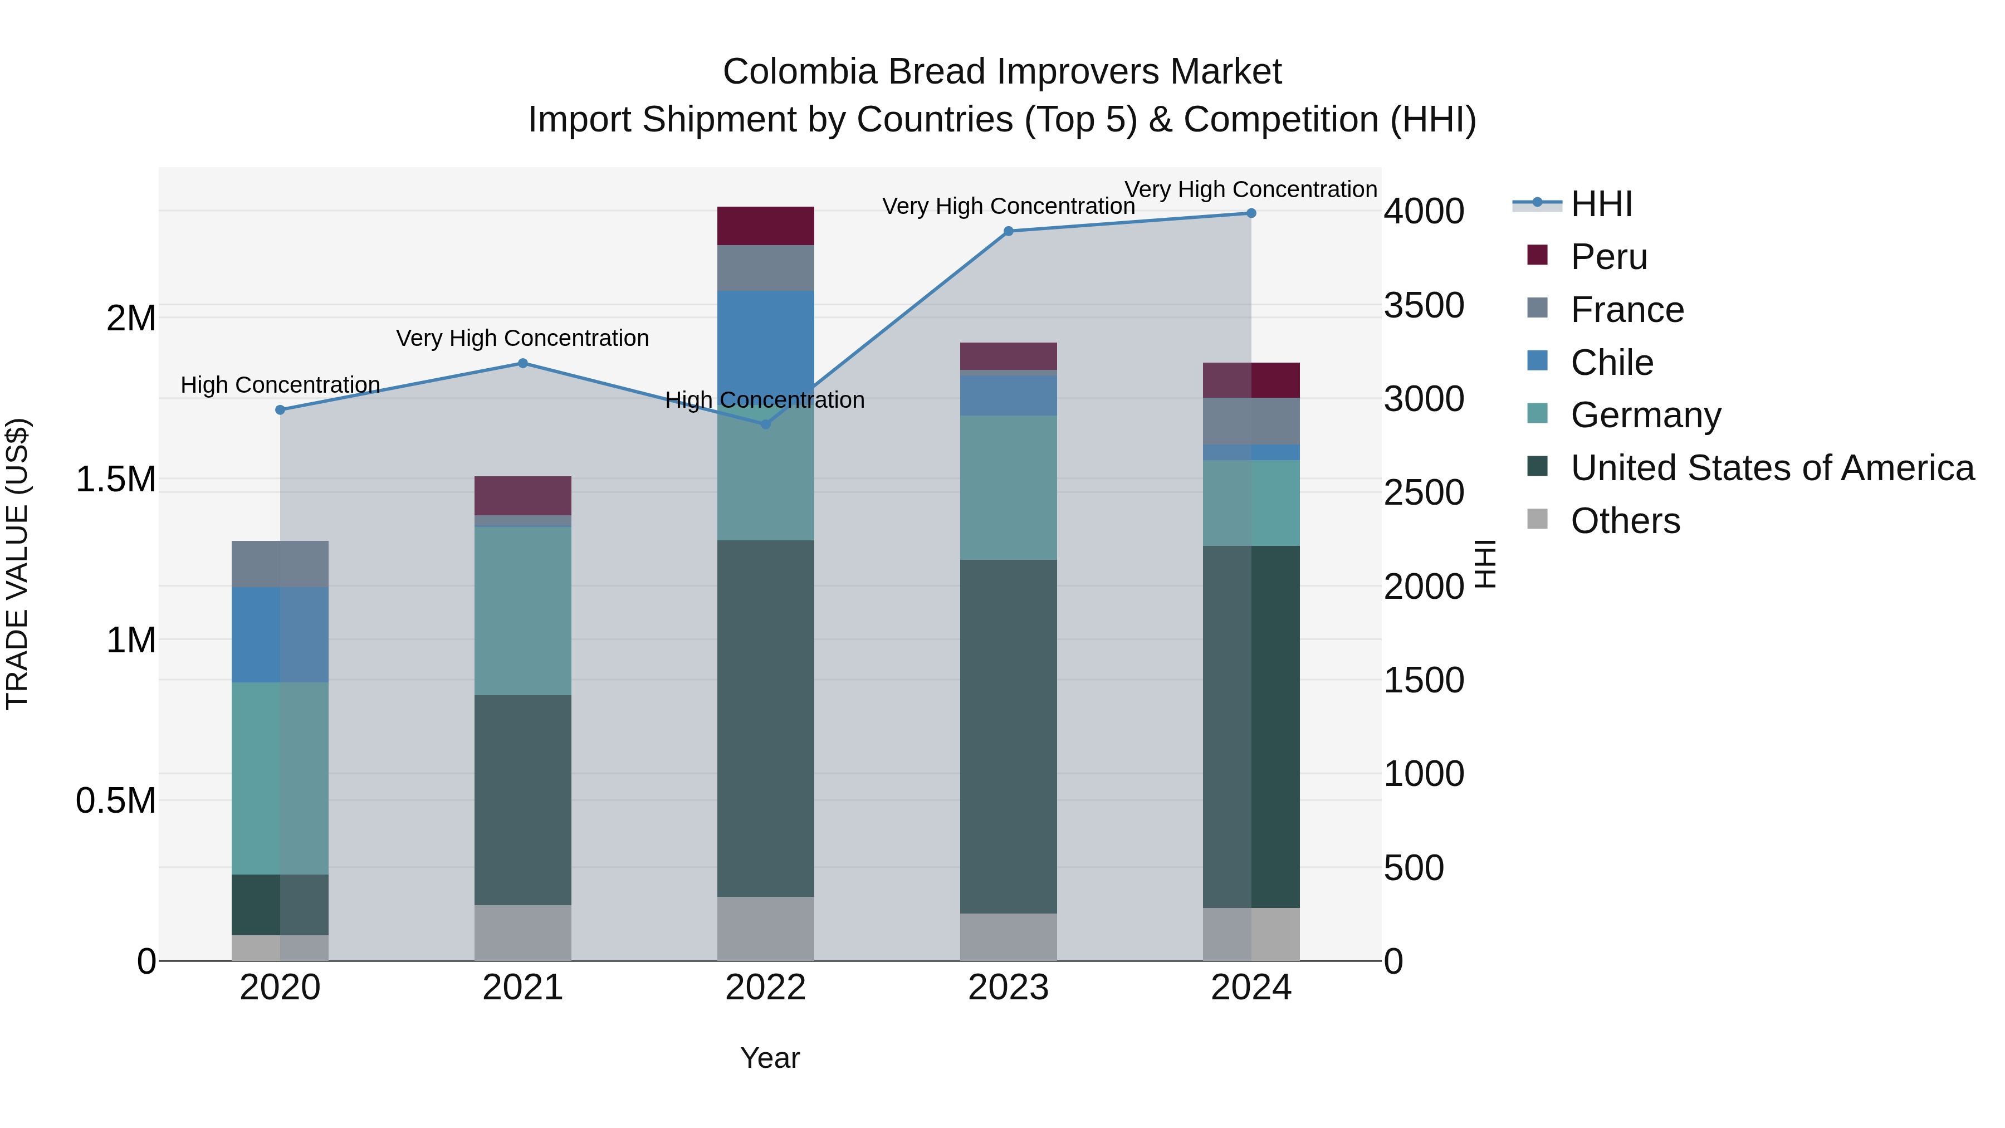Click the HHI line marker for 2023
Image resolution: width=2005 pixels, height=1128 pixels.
[x=1008, y=231]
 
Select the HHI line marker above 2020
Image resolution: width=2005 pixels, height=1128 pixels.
[x=280, y=409]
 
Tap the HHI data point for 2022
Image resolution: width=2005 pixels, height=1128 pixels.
[x=765, y=424]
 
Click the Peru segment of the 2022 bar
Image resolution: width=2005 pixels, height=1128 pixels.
[x=765, y=226]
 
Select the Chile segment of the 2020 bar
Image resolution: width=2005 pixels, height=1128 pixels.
[x=280, y=634]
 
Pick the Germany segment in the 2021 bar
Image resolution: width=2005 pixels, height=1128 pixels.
[x=522, y=611]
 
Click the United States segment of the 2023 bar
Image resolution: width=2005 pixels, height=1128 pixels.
[x=1008, y=736]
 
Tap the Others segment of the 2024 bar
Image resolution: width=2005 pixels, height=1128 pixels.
[x=1251, y=934]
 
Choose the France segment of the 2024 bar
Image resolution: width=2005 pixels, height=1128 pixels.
[x=1251, y=421]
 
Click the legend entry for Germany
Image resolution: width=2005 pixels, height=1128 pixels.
[x=1645, y=415]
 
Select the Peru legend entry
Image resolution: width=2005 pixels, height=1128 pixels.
[x=1608, y=257]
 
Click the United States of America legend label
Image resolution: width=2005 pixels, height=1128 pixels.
[x=1772, y=468]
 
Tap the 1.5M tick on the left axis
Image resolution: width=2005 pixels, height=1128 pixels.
[x=115, y=480]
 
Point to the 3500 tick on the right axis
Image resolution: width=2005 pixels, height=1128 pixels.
[x=1423, y=305]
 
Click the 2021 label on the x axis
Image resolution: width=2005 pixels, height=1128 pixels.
[x=522, y=988]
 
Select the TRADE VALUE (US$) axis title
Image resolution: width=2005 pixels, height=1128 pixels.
[x=17, y=564]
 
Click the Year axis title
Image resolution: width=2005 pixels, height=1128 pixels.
[x=770, y=1058]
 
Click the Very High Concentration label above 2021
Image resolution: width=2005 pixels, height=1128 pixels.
[x=522, y=338]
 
